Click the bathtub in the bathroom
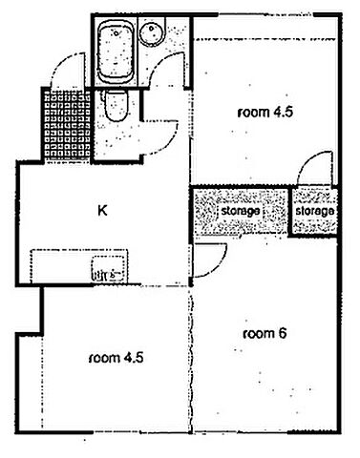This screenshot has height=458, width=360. (x=115, y=53)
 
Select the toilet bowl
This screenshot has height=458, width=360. (x=116, y=106)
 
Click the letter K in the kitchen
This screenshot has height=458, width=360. (x=102, y=211)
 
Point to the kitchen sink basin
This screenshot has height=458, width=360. (x=108, y=268)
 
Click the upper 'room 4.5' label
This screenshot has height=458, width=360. (x=265, y=113)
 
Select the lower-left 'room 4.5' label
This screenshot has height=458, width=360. (x=116, y=358)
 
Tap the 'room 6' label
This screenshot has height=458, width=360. (x=265, y=334)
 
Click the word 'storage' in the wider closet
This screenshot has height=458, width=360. (x=241, y=211)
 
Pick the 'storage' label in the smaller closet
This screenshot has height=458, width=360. (x=315, y=211)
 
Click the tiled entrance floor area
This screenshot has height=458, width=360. (x=67, y=125)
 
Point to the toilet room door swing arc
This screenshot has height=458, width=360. (x=168, y=144)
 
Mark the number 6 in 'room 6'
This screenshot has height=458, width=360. (x=283, y=333)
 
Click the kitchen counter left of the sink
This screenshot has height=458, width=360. (x=61, y=266)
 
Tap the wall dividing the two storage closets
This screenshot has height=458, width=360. (x=290, y=211)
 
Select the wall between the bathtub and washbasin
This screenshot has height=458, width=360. (x=138, y=51)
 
